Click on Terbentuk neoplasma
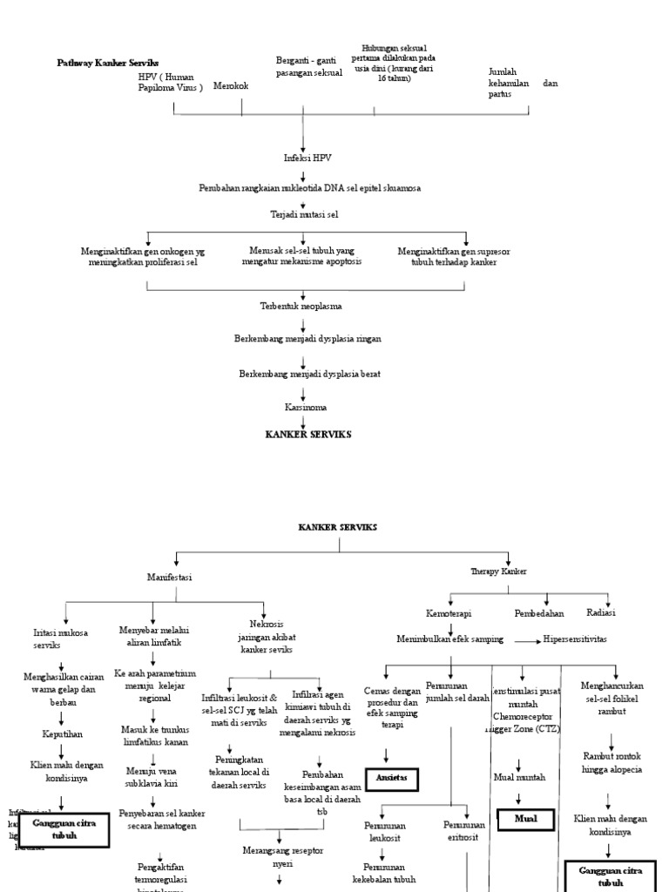click(301, 306)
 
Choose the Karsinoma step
click(302, 407)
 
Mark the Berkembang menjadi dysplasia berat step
click(309, 374)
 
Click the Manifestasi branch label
click(170, 577)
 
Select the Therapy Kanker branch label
click(498, 571)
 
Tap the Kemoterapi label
click(449, 613)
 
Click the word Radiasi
click(602, 612)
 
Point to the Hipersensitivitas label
click(575, 639)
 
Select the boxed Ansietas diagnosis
click(386, 777)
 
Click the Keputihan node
click(63, 734)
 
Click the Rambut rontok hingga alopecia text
click(612, 763)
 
